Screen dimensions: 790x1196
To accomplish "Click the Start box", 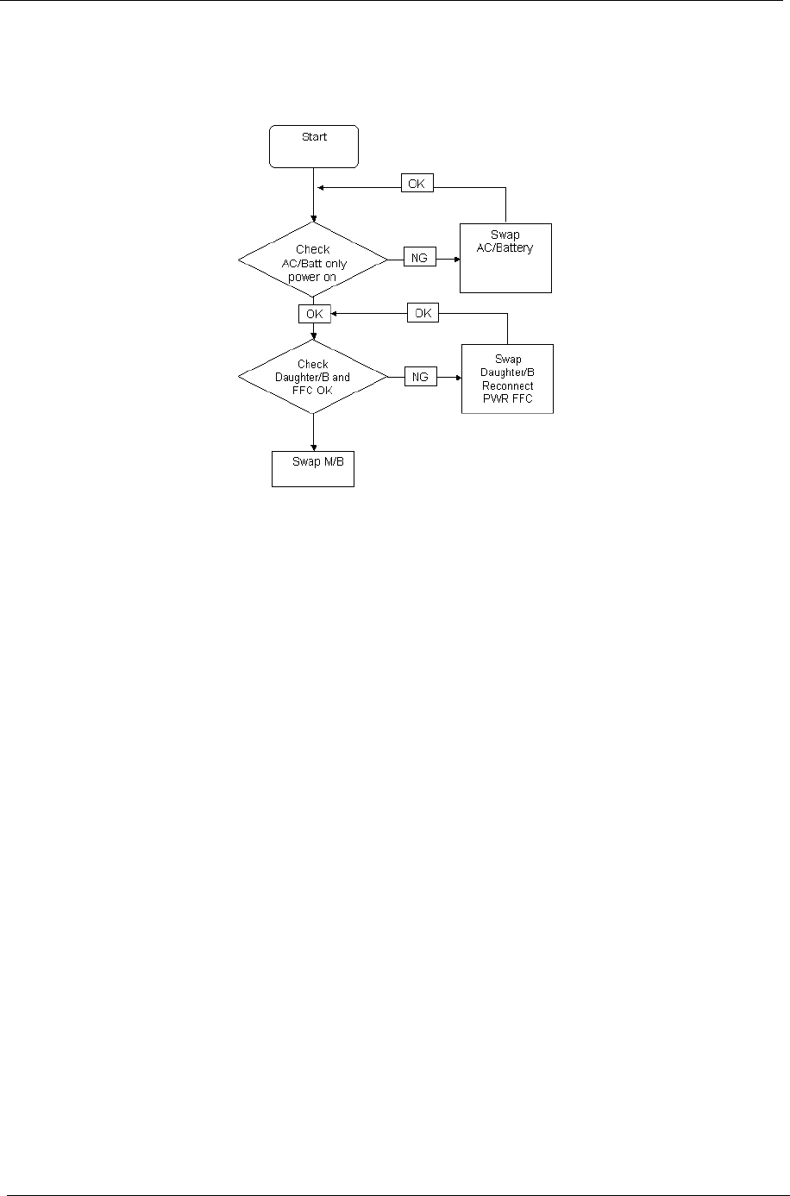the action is [x=314, y=146].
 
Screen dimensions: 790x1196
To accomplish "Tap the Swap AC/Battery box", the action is [x=505, y=258].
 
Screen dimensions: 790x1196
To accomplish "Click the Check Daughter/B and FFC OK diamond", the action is [x=312, y=377].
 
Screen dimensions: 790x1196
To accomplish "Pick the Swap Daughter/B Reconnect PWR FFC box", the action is [x=507, y=379].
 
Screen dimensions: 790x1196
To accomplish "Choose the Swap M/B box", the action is [x=312, y=469].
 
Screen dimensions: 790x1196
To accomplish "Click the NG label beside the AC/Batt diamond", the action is [x=420, y=257].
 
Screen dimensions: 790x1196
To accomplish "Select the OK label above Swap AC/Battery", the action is [x=417, y=184].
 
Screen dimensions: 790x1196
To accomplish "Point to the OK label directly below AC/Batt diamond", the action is [x=314, y=314].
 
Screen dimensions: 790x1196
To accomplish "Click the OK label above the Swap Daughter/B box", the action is [x=423, y=314].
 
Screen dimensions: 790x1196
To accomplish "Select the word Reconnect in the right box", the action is [x=508, y=385].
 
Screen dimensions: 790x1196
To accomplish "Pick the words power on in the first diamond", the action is [x=313, y=278].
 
